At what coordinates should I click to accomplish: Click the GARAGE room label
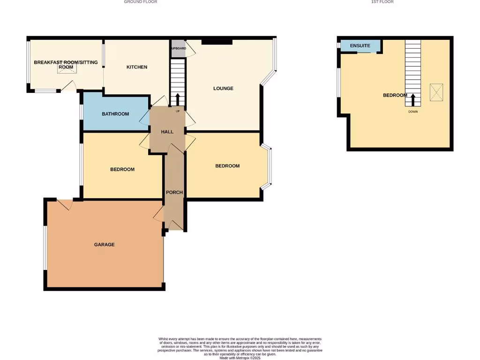pyautogui.click(x=104, y=245)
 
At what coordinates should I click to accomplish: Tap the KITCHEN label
pyautogui.click(x=137, y=67)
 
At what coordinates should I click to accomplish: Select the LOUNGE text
pyautogui.click(x=223, y=89)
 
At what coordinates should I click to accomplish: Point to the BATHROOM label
pyautogui.click(x=115, y=114)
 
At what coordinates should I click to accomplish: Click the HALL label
pyautogui.click(x=167, y=132)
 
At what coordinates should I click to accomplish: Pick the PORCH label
pyautogui.click(x=174, y=193)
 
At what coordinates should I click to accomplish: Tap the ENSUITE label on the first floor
pyautogui.click(x=360, y=45)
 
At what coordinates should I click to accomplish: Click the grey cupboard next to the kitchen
pyautogui.click(x=178, y=49)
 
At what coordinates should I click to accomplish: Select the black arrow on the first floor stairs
pyautogui.click(x=413, y=100)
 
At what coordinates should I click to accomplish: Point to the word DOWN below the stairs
pyautogui.click(x=413, y=112)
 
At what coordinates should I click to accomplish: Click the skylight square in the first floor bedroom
pyautogui.click(x=436, y=91)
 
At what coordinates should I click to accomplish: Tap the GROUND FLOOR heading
pyautogui.click(x=141, y=2)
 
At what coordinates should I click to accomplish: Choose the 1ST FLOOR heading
pyautogui.click(x=382, y=2)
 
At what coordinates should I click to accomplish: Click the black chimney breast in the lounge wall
pyautogui.click(x=217, y=42)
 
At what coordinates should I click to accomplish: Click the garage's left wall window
pyautogui.click(x=45, y=248)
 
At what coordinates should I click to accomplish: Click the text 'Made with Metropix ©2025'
pyautogui.click(x=240, y=358)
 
